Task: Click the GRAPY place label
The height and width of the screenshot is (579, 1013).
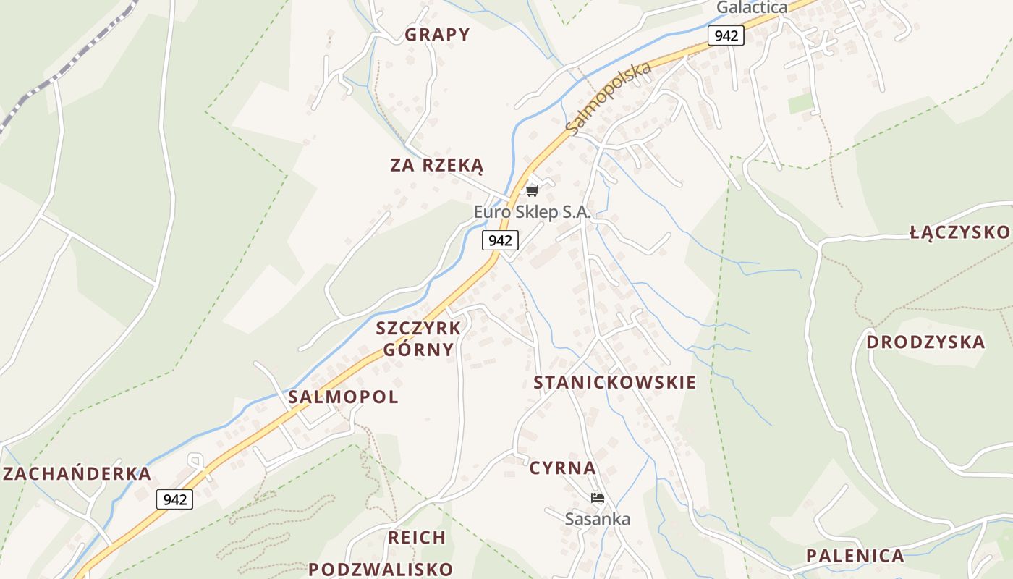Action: [437, 35]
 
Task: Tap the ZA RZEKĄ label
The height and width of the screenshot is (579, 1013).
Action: [437, 165]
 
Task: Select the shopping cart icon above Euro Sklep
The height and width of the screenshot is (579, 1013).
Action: [533, 190]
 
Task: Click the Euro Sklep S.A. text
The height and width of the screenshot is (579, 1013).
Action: [533, 212]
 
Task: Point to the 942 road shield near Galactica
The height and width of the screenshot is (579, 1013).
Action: [726, 35]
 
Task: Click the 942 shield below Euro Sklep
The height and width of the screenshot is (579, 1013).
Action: [500, 240]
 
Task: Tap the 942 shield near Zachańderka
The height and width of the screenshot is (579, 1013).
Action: [175, 499]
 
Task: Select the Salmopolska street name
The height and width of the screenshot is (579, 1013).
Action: [609, 98]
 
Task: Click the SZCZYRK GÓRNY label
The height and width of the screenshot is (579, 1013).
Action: [418, 339]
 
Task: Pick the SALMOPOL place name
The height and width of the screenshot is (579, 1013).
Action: [343, 397]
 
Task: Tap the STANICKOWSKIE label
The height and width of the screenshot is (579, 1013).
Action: [614, 383]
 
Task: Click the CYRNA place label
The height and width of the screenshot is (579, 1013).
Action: [562, 468]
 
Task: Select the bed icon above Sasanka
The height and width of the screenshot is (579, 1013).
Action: [597, 498]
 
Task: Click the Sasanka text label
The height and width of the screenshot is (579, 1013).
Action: [597, 519]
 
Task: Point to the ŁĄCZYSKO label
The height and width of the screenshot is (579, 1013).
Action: [959, 232]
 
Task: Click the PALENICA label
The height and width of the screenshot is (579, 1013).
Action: [855, 556]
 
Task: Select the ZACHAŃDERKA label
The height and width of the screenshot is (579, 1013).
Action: [77, 474]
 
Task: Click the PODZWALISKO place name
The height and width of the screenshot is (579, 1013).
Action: [381, 569]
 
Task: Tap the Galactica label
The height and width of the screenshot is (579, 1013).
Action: [752, 8]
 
